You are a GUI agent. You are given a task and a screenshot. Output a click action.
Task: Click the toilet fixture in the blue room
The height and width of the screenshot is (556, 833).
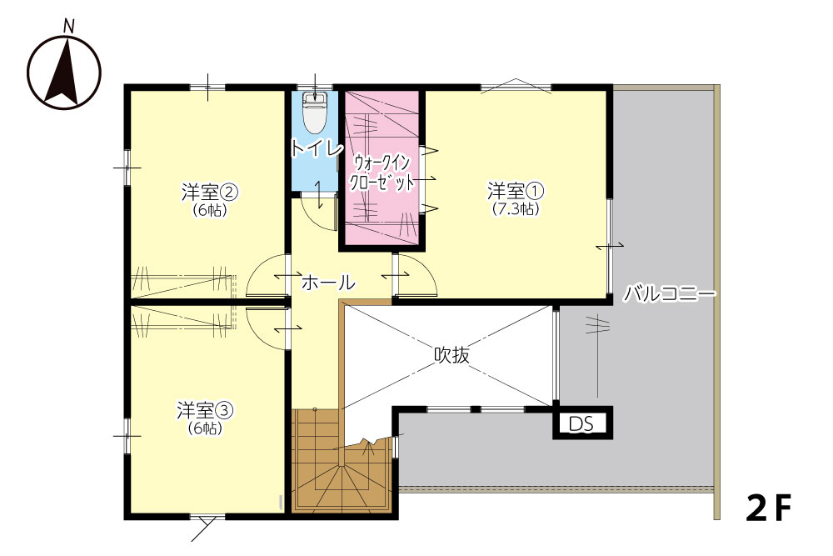pos(315,113)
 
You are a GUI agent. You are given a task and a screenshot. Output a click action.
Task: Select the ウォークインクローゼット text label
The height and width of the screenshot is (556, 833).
pos(382,173)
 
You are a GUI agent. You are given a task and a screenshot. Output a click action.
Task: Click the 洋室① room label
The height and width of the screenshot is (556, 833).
pos(516,190)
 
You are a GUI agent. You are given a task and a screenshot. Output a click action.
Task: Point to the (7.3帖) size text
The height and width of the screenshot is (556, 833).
pos(516,209)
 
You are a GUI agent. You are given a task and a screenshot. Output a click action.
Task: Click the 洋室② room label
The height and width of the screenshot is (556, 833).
pos(209,192)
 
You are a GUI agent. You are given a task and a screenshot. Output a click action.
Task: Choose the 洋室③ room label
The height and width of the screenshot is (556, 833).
pos(205,410)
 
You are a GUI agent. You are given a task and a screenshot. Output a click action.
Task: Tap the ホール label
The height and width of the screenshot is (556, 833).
pos(328,283)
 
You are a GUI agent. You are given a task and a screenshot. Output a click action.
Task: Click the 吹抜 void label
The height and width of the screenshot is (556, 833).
pos(452,354)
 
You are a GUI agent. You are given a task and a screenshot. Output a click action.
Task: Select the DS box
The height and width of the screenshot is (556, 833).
pos(583,423)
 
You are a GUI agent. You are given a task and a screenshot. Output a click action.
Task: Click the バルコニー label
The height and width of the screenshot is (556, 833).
pos(670,293)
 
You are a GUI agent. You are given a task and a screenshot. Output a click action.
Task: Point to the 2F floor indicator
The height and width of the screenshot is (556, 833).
pos(769,508)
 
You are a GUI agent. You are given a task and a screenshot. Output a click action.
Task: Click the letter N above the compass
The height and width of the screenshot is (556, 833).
pos(68,26)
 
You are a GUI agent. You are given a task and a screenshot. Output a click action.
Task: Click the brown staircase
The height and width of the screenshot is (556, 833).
pos(342,461)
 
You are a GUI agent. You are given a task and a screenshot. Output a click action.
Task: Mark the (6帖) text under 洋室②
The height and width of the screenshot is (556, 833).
pos(209,210)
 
